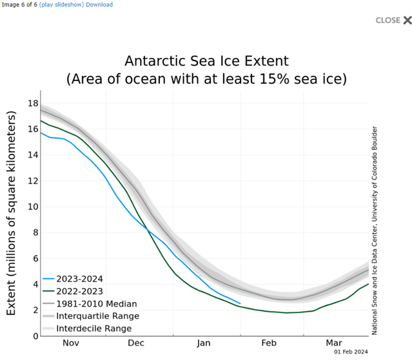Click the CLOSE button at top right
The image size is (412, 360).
click(393, 20)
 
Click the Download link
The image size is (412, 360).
click(99, 5)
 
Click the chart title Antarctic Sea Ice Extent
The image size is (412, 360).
click(206, 62)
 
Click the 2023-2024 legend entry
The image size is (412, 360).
click(79, 279)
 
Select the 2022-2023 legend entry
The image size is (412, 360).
click(79, 291)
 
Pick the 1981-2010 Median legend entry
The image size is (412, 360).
click(96, 303)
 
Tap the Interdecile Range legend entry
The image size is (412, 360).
click(93, 328)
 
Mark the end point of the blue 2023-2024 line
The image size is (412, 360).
click(240, 303)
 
